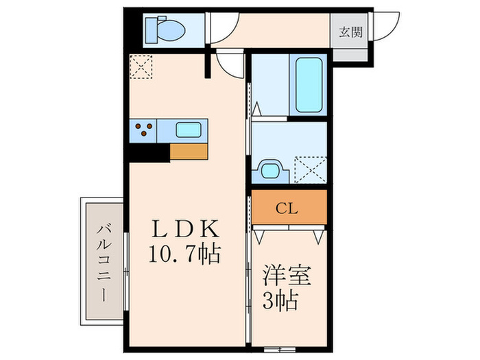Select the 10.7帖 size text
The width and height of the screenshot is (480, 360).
click(x=183, y=256)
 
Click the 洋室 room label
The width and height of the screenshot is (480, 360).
click(x=288, y=278)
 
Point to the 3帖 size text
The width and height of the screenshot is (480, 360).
click(x=282, y=302)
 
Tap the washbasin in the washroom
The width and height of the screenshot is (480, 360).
click(x=270, y=169)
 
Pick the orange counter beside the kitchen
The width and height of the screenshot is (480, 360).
click(x=189, y=151)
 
